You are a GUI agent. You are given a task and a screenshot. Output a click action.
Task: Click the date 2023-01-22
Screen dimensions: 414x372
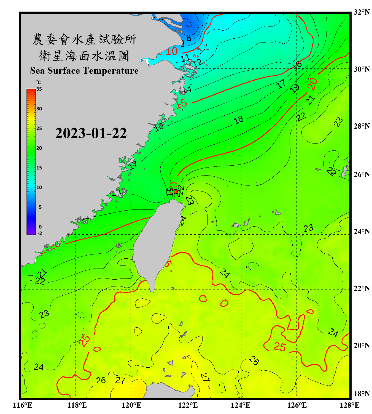coord(91,133)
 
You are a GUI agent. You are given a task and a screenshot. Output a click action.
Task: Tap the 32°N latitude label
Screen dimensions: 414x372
coord(362,12)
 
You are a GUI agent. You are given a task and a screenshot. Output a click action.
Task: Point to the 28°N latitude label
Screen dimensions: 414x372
coord(362,126)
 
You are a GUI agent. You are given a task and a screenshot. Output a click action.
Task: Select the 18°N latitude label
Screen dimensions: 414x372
coord(362,394)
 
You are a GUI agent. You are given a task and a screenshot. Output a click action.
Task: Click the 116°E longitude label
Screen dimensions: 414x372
coord(23,405)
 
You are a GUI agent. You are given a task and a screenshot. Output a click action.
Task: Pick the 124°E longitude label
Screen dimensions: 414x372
coord(241,405)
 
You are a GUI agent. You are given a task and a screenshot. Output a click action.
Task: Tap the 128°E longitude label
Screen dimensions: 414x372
coord(349,405)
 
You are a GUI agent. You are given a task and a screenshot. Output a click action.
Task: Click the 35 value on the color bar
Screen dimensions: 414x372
coord(39,89)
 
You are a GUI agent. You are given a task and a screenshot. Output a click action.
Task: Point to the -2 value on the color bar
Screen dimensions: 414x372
coord(40,233)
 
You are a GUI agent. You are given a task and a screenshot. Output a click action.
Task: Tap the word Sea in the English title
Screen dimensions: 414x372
coord(38,71)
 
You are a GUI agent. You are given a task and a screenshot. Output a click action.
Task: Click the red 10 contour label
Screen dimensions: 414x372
coord(171,51)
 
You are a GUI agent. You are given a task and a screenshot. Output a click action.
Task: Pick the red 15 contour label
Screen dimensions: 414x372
coord(181,104)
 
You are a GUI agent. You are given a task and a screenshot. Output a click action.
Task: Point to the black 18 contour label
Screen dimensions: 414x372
coord(239,120)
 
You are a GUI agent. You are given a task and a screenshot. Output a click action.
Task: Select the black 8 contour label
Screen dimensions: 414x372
coord(189,38)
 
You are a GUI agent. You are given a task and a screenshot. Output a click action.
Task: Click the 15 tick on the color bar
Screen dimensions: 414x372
coord(39,168)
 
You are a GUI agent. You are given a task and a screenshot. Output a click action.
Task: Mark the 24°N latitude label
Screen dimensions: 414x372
coord(362,231)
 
